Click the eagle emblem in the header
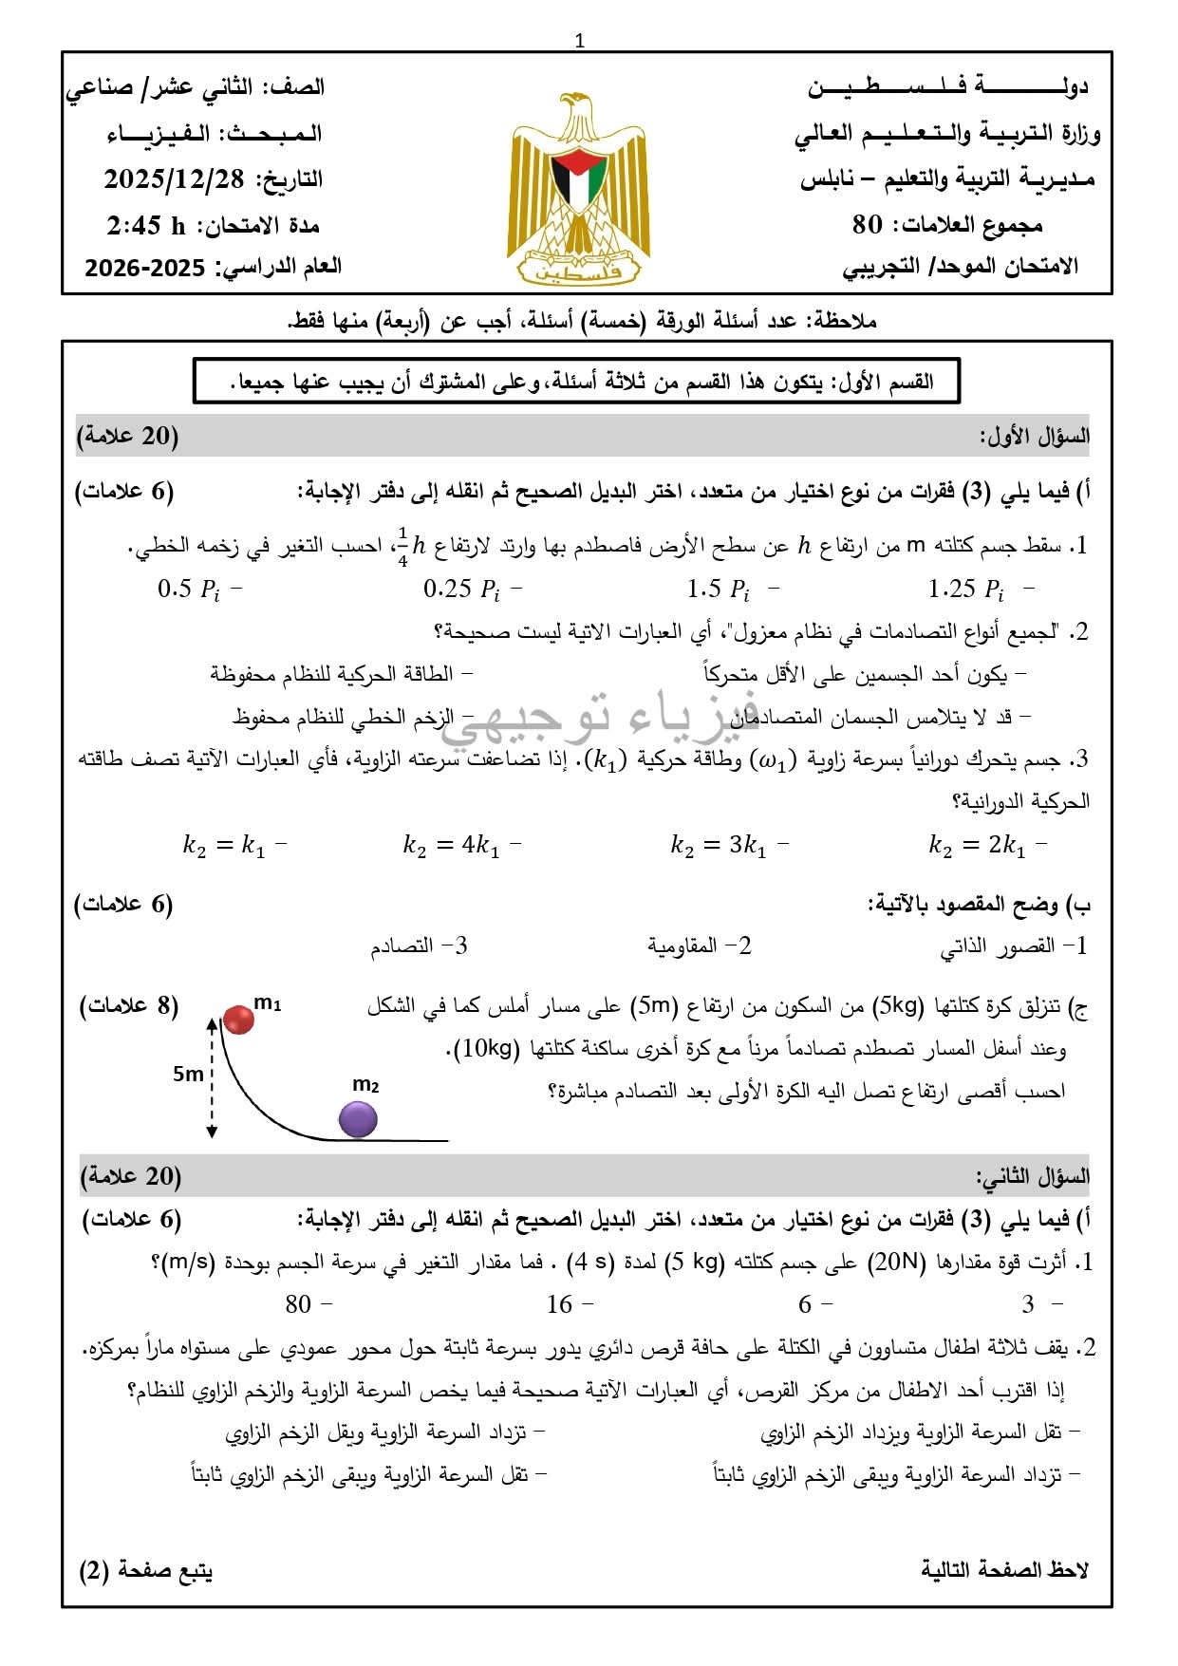tap(579, 188)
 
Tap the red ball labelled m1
tap(238, 1019)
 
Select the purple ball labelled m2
tap(358, 1119)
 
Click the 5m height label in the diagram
tap(188, 1074)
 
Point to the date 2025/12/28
tap(174, 179)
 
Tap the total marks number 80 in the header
tap(868, 225)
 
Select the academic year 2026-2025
tap(144, 268)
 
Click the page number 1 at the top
tap(580, 41)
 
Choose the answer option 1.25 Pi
tap(965, 590)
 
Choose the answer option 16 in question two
tap(559, 1304)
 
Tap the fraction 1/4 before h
tap(402, 546)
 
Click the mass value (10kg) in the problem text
tap(487, 1048)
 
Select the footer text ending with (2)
tap(146, 1571)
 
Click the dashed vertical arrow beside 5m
tap(212, 1076)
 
